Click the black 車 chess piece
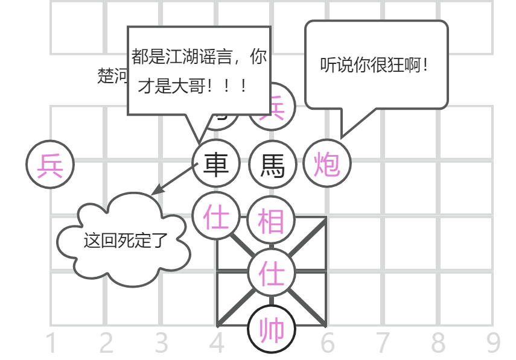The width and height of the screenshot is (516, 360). pos(216,164)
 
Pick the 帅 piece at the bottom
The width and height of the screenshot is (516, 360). pos(272,330)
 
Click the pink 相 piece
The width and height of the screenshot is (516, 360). pos(272,219)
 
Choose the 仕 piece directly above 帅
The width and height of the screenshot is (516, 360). pos(272,274)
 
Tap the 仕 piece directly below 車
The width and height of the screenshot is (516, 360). pos(216,216)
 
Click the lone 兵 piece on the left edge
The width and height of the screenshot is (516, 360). pos(50,164)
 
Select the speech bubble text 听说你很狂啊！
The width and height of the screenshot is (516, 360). pos(376,65)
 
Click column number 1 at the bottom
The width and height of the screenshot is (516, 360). pos(51,344)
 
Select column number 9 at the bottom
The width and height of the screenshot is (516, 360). pos(494,344)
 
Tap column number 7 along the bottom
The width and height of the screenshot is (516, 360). pos(383,344)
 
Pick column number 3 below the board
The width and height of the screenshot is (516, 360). pos(161,344)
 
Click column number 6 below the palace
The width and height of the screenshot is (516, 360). pos(328,344)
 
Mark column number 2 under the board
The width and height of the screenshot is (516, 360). pos(106,344)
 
